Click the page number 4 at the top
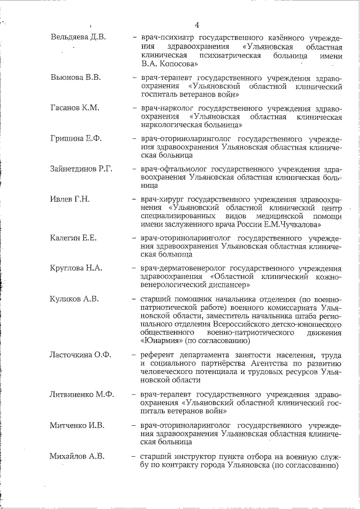(196, 24)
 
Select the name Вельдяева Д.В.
(78, 37)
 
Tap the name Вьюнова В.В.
(75, 77)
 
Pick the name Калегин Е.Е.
(74, 238)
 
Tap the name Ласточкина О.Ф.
(81, 355)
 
